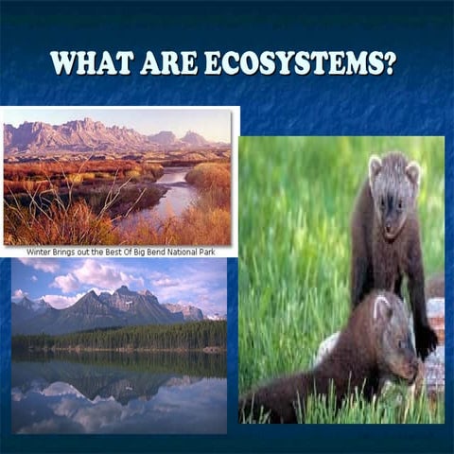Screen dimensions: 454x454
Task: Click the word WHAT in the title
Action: [91, 62]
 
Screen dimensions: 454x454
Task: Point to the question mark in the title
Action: [388, 62]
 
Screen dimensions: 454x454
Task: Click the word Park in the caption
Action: [222, 252]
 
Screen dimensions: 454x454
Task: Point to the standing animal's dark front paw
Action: [425, 340]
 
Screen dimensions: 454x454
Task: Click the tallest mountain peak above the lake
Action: [120, 291]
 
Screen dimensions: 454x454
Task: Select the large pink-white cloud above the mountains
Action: [95, 276]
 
